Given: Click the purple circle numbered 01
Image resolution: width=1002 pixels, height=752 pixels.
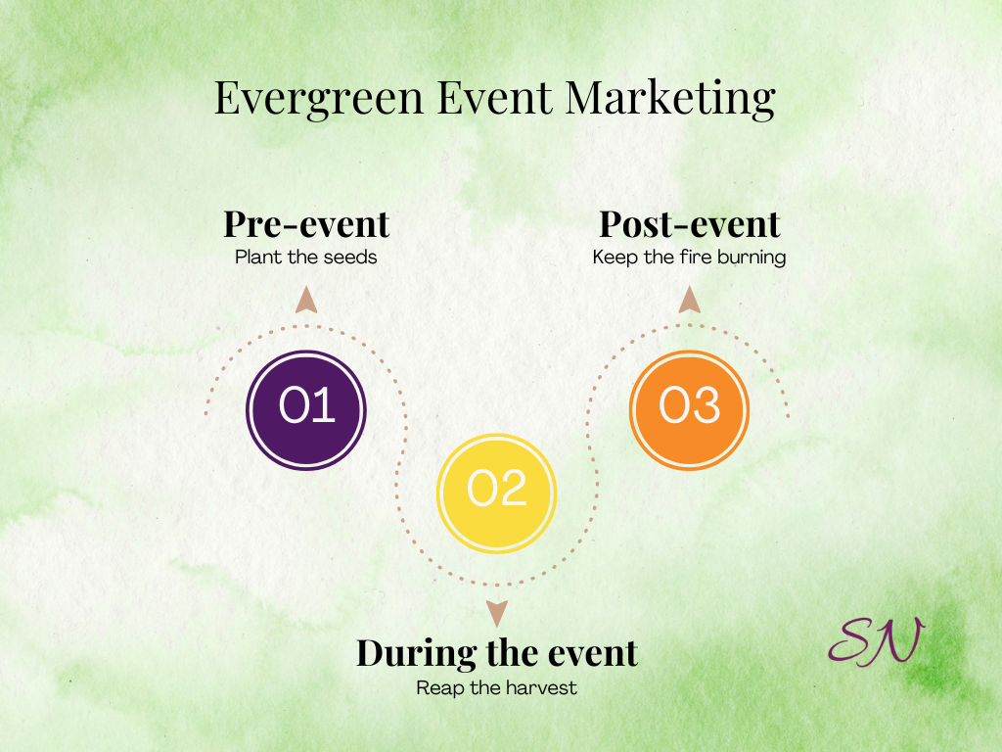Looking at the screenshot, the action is pos(306,410).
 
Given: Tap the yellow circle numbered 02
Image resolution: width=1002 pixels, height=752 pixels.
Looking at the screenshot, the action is pos(496,493).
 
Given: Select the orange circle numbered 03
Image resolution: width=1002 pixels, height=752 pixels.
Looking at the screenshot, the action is pos(690,410).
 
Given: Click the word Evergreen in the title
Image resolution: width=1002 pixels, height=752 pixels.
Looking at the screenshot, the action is pos(319,99).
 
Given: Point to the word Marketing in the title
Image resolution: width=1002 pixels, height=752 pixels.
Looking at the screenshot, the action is pos(670,99).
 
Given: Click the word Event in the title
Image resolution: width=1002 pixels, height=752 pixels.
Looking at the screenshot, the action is pos(494,98).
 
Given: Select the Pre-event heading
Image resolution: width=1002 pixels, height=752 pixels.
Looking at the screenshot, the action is pos(306,224).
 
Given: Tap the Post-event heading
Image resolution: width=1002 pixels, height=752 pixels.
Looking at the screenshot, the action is pos(690,224).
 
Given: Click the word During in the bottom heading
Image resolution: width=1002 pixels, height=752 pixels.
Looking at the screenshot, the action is pos(416,653).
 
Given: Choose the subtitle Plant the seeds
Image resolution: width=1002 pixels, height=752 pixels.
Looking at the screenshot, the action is pos(306,258).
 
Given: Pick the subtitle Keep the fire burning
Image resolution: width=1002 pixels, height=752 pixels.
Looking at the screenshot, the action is pos(689,258).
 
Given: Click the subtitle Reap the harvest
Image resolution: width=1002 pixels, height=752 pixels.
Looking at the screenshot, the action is pos(496,688).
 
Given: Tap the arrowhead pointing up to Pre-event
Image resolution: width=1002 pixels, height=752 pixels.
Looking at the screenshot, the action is pos(306,300).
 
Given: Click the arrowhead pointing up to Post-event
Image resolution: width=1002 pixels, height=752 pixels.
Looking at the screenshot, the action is pos(689,300).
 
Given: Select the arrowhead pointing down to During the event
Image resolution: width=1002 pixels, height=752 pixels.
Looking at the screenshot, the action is pos(496,614).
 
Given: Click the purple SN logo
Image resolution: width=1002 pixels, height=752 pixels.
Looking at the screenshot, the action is pos(877,641).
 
